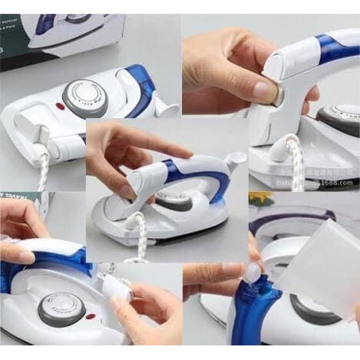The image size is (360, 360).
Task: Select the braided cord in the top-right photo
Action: (x=295, y=161)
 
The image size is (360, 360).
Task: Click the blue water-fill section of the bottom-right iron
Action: (x=253, y=315)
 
